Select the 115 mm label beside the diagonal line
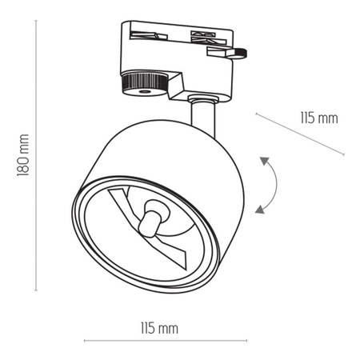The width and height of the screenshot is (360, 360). coord(319,118)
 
